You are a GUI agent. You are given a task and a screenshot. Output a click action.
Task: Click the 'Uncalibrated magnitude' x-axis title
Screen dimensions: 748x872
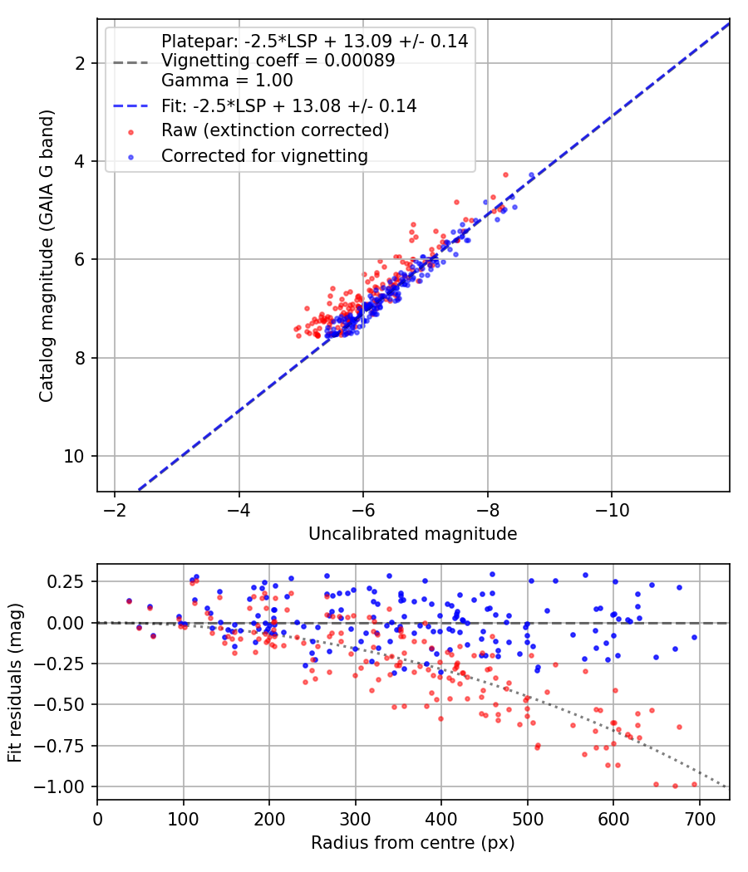(x=412, y=534)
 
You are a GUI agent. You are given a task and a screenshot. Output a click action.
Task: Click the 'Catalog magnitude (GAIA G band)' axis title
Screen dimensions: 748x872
(x=47, y=256)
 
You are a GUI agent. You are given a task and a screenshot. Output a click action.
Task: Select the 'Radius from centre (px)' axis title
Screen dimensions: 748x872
(x=412, y=843)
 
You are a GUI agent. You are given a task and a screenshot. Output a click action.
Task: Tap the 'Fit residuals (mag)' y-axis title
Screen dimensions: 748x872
(x=15, y=683)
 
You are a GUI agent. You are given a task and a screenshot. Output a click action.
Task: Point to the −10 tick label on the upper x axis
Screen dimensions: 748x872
(x=612, y=511)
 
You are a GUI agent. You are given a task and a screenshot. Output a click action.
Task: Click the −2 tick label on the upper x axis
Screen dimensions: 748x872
(x=115, y=511)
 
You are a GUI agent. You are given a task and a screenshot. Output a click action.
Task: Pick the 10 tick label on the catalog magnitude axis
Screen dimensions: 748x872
(x=73, y=457)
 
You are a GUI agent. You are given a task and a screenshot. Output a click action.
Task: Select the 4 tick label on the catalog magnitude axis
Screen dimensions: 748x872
(x=80, y=162)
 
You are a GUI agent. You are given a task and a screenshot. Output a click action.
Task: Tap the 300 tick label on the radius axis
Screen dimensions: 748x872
(x=355, y=819)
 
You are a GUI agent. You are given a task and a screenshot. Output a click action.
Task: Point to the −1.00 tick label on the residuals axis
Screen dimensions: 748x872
(x=59, y=787)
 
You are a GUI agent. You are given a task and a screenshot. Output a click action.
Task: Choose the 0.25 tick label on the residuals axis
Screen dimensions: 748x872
(x=66, y=581)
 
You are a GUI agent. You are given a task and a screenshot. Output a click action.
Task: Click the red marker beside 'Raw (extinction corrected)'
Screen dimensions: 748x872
(x=130, y=132)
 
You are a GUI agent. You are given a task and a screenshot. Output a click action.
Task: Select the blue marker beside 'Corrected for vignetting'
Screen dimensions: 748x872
(x=130, y=158)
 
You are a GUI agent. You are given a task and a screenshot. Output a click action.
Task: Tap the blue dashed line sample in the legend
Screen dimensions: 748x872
(x=130, y=106)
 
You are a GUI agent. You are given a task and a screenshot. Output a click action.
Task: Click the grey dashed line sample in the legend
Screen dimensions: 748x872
(x=130, y=62)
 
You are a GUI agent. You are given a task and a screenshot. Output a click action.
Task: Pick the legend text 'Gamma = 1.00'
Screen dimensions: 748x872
(x=227, y=81)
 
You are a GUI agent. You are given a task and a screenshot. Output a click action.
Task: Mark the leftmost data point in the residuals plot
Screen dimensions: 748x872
(x=129, y=600)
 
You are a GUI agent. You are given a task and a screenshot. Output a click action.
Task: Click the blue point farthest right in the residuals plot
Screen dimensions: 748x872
(x=694, y=637)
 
